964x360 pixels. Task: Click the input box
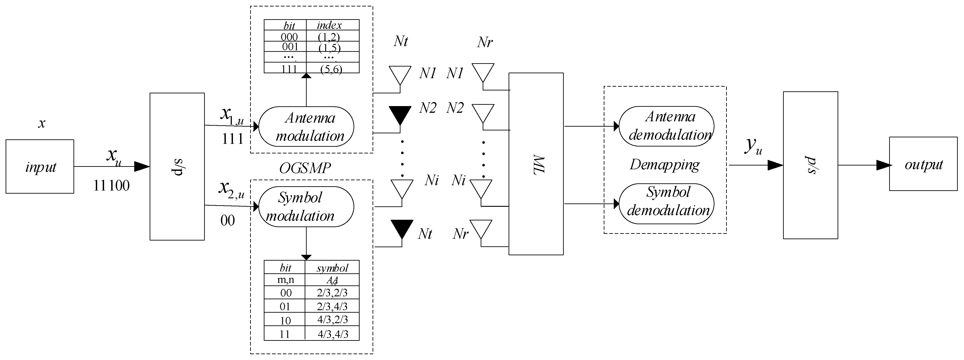[40, 167]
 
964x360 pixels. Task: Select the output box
[923, 164]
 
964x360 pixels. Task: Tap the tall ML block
[536, 164]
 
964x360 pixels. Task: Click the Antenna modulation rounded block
[306, 126]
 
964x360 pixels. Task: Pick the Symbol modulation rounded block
[306, 207]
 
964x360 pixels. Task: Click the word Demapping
[665, 165]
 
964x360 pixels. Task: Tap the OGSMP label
[305, 168]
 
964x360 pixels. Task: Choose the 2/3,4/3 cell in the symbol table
[332, 306]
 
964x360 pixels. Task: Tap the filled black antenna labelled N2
[400, 114]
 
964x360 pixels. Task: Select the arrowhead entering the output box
[884, 165]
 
